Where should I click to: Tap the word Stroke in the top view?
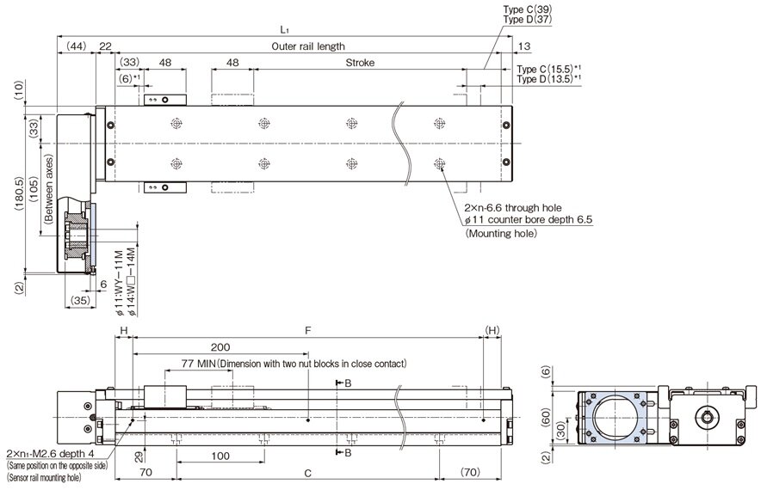pos(360,64)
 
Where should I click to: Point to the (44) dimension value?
pos(76,46)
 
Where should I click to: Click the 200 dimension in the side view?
pos(220,346)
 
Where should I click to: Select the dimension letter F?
pos(307,330)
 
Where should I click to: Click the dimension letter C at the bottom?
pos(307,473)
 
